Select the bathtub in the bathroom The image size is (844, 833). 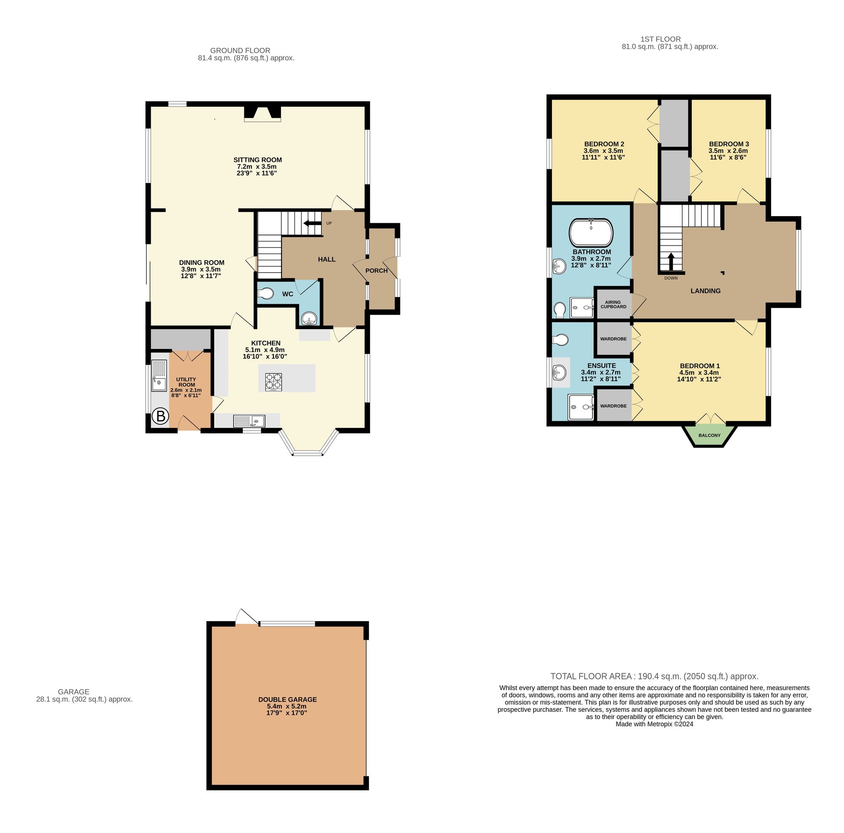pos(591,233)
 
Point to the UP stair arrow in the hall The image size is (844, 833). pos(312,223)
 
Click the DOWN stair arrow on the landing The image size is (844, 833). pos(671,262)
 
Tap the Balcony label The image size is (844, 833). pos(709,435)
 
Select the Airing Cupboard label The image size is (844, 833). pos(613,304)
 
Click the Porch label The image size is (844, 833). pos(376,271)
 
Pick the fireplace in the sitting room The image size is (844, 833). pos(262,113)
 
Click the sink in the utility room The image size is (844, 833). pos(159,375)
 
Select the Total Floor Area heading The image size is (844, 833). pos(654,676)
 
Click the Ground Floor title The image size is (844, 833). pos(240,51)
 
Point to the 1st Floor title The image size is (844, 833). pos(660,39)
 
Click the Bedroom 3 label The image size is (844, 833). pos(729,144)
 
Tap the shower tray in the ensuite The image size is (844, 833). pos(581,407)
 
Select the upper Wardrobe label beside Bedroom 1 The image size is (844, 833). pos(613,339)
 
